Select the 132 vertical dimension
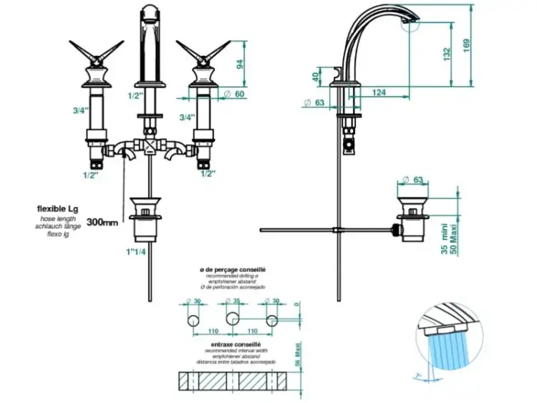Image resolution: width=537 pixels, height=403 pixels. coord(447,53)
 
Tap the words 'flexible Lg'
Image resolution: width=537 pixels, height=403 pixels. coord(57,208)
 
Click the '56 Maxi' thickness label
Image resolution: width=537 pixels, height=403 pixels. coord(296,355)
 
